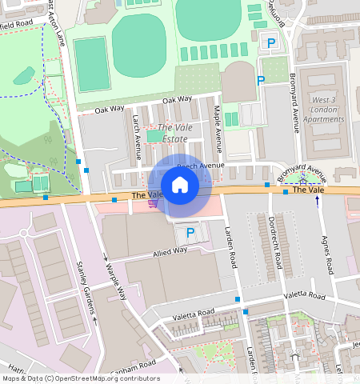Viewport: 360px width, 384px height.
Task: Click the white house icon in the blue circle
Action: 180,186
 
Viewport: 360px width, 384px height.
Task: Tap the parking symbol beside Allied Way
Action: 190,233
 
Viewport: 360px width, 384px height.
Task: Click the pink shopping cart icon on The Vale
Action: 152,204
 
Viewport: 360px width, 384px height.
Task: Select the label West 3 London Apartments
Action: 325,110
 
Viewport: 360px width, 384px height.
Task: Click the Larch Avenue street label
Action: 136,130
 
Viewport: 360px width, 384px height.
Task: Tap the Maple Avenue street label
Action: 217,124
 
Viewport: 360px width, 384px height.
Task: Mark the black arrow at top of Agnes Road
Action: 318,201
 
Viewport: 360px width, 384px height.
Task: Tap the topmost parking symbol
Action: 270,42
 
